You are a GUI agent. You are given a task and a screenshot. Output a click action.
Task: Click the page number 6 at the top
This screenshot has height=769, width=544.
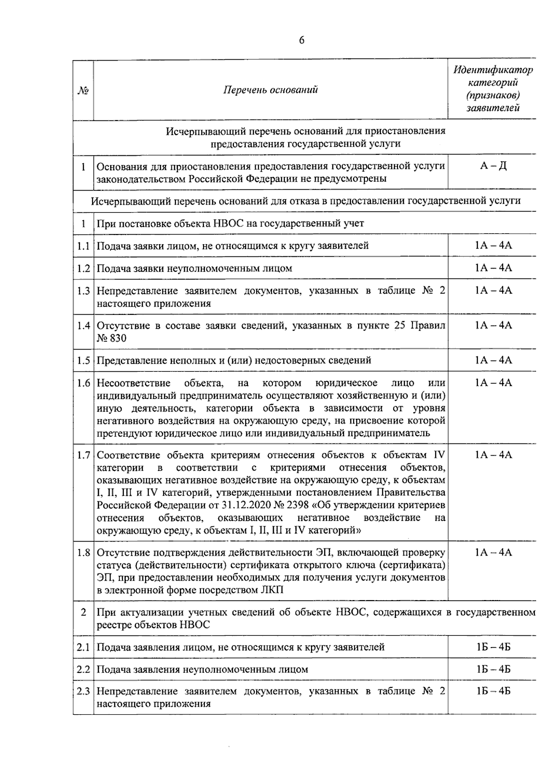[301, 41]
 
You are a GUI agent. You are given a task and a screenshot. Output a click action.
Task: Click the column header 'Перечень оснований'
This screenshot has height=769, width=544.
[270, 90]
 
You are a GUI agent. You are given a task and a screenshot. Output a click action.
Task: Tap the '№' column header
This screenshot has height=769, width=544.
[83, 91]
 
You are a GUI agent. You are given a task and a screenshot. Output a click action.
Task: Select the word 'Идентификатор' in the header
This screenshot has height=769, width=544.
[493, 70]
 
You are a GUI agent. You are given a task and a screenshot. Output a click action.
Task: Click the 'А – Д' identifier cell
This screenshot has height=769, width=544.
[493, 166]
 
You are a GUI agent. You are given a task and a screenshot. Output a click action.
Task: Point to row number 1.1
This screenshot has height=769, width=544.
[83, 246]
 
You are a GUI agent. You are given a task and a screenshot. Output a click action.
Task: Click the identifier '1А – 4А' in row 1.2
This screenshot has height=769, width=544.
[493, 268]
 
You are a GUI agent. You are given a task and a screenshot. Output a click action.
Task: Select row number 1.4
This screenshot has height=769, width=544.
[83, 326]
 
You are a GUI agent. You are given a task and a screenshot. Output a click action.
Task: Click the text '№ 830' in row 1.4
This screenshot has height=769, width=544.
[112, 338]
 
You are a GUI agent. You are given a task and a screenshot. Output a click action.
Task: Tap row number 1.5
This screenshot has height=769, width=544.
[83, 360]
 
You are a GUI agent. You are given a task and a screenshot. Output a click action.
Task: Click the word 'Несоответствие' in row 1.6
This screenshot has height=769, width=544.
[134, 383]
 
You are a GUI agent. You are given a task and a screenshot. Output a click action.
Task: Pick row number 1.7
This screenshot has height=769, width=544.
[83, 455]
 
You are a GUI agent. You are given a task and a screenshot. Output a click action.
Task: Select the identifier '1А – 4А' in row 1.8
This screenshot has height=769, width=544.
[493, 553]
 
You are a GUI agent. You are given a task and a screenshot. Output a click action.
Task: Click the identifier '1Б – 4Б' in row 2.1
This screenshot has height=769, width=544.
[493, 647]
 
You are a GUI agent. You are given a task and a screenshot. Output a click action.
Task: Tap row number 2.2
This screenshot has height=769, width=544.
[83, 669]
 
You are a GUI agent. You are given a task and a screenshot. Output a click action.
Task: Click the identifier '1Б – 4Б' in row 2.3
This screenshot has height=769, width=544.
[493, 692]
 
